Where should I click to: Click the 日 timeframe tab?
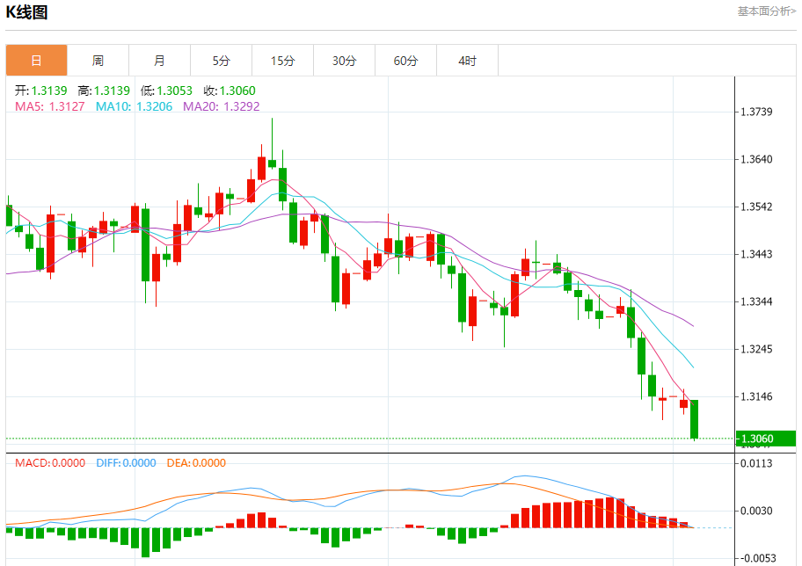click(x=36, y=61)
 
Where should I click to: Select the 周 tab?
click(x=98, y=61)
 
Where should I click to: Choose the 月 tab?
click(x=159, y=61)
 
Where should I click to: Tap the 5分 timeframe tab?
click(x=221, y=61)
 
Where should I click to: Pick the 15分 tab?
click(x=282, y=61)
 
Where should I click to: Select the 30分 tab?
click(x=344, y=61)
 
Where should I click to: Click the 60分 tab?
click(x=405, y=61)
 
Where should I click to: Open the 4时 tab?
click(x=467, y=61)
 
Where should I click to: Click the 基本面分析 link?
click(x=766, y=11)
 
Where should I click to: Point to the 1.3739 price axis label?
click(x=756, y=112)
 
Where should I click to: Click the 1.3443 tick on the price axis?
click(x=756, y=255)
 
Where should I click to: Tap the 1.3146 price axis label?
click(x=756, y=397)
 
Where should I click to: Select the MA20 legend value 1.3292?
click(x=241, y=106)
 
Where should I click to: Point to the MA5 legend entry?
click(x=49, y=106)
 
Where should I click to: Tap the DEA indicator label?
click(x=194, y=463)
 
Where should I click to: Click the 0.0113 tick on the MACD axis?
click(x=756, y=464)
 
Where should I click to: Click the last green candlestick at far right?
click(x=694, y=419)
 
